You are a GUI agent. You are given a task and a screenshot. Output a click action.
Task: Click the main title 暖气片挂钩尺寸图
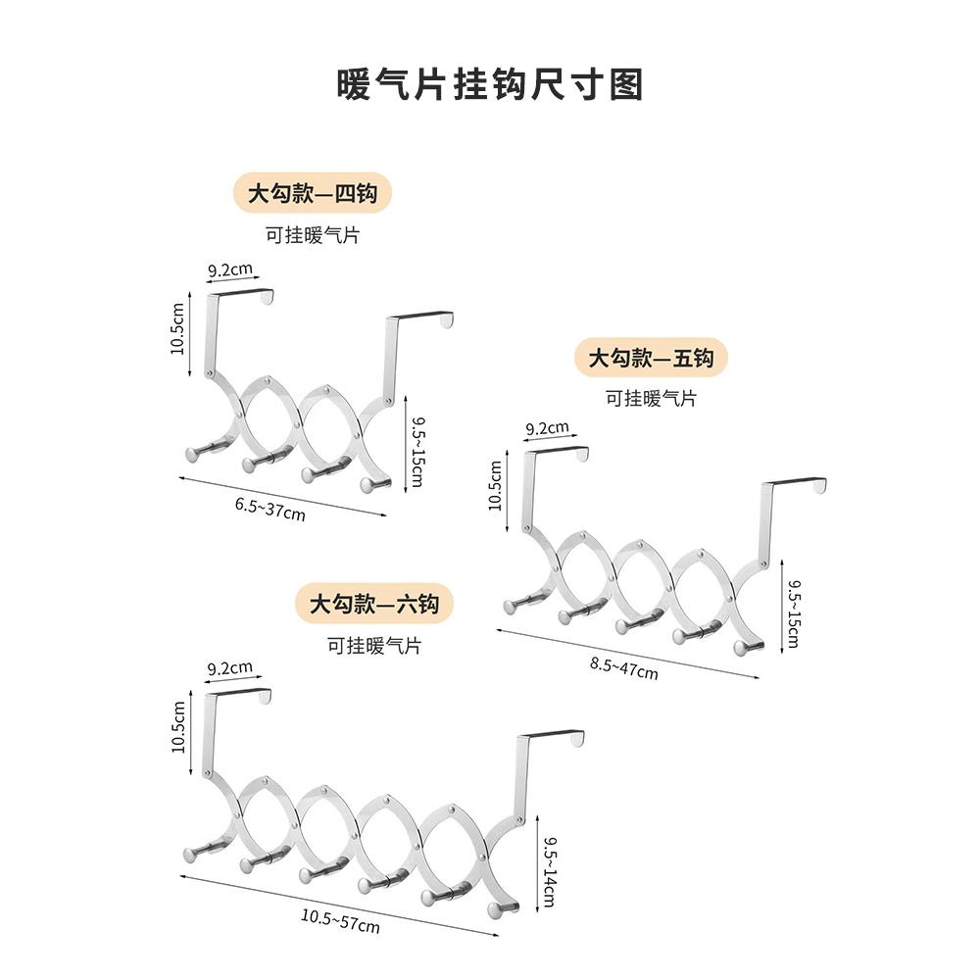489,85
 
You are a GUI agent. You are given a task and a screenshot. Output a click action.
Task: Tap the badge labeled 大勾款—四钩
312,193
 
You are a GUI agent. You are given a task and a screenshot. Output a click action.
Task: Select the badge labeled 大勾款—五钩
652,358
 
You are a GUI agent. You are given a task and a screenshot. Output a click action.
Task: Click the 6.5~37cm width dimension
269,510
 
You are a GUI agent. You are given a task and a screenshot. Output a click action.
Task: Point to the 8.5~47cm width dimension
624,668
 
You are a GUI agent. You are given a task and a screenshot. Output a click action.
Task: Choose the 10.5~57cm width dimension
339,919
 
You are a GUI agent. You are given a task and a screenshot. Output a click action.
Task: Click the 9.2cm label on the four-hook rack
230,269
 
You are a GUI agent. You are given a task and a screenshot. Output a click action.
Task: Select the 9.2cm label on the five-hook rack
547,428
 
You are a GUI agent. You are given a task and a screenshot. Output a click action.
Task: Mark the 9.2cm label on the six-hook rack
229,668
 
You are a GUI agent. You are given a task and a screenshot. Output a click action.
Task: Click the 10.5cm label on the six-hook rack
178,726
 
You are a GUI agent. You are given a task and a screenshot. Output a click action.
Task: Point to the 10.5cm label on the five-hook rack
495,485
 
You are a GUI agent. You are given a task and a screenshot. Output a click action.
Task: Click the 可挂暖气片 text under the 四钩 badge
312,236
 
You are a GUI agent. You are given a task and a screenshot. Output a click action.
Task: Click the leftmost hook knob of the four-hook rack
192,455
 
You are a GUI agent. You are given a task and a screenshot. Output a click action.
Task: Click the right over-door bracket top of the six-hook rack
552,736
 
